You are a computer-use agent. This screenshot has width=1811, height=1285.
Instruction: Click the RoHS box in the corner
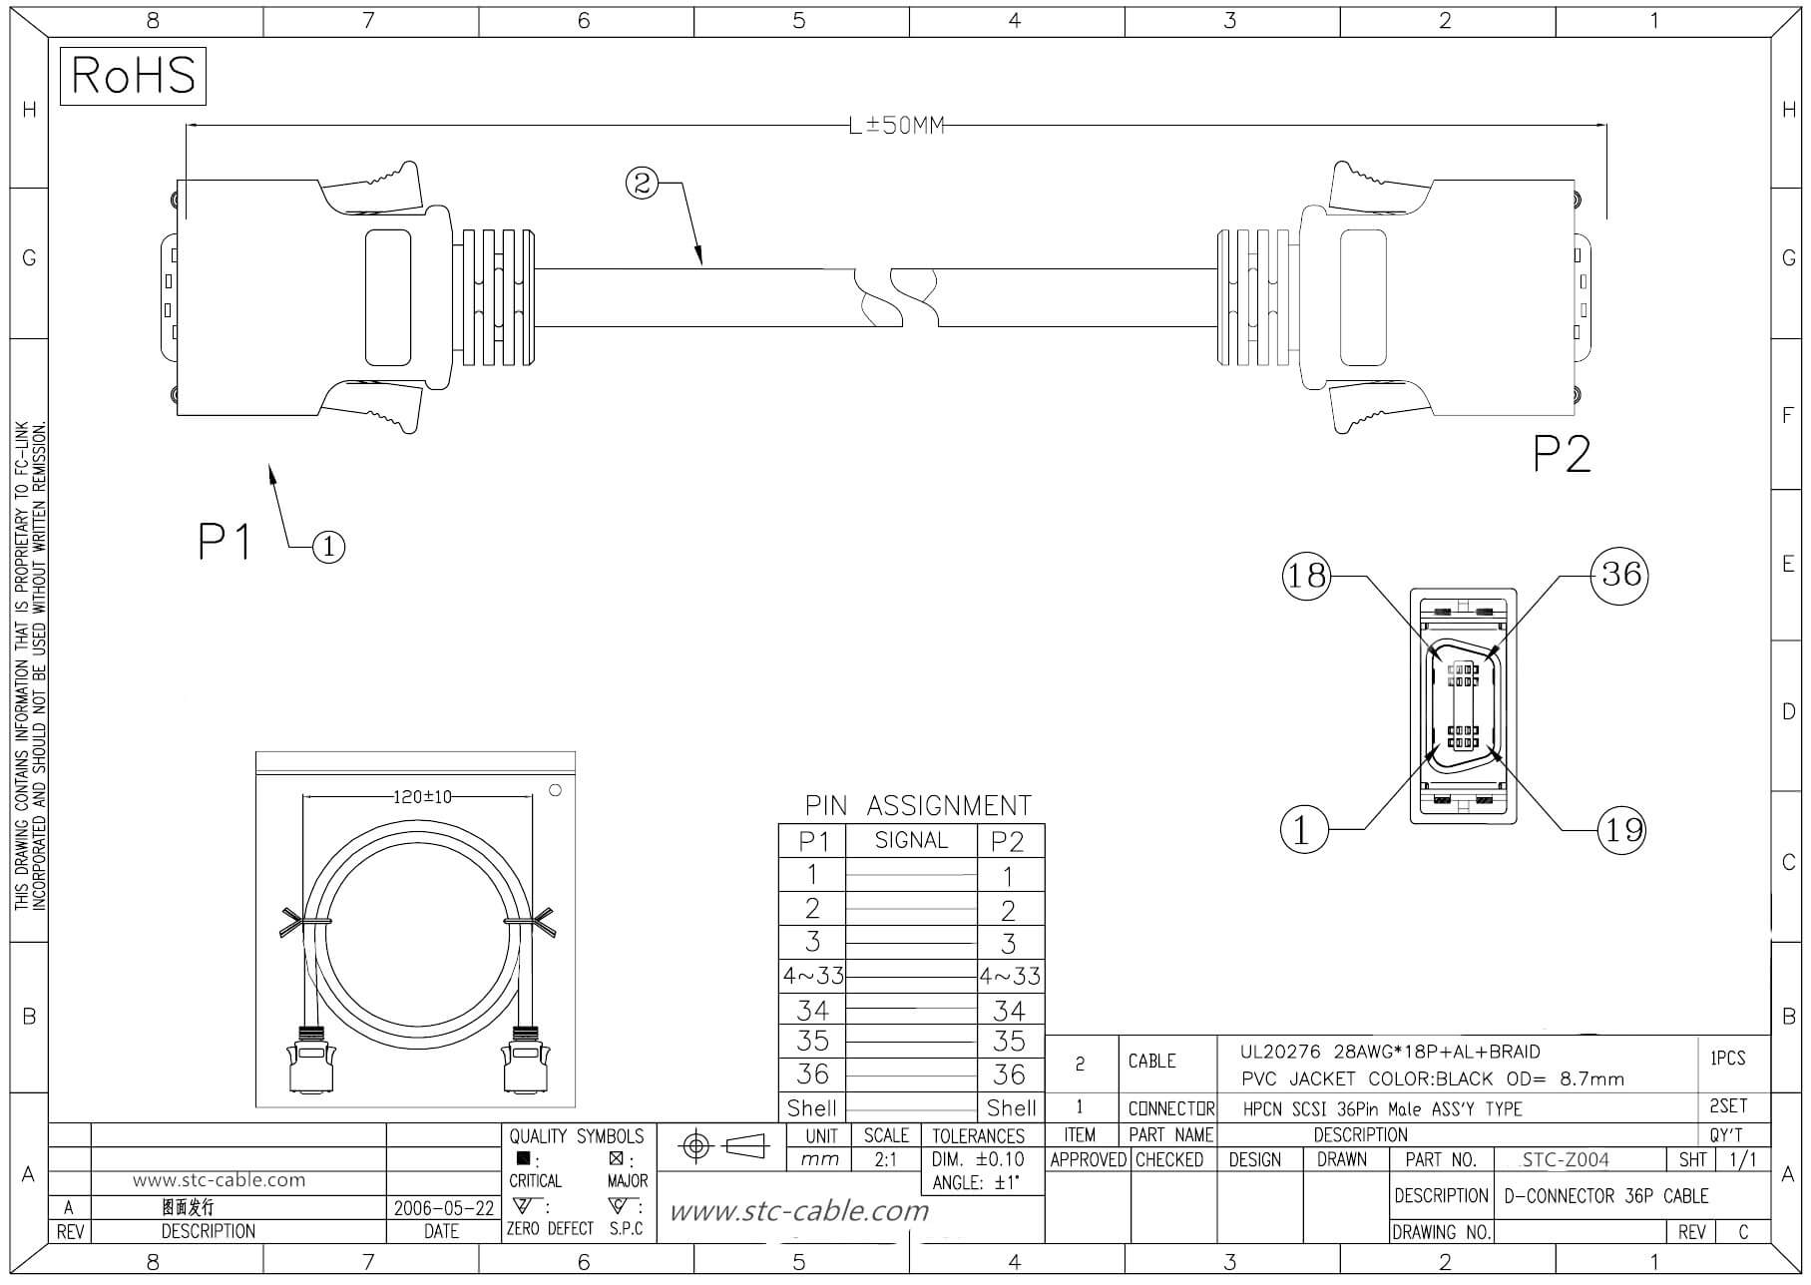133,76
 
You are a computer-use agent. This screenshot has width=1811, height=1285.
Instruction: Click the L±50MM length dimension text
895,126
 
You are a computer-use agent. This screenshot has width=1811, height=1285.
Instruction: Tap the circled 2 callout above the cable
642,183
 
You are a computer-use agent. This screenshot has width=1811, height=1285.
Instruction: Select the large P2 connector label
1562,455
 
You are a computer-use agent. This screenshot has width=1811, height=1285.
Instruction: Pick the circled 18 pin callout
1306,576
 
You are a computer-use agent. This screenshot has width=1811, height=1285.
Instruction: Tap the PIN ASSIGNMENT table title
918,805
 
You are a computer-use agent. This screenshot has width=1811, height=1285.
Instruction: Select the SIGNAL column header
911,841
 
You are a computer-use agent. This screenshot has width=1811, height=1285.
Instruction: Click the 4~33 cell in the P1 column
812,976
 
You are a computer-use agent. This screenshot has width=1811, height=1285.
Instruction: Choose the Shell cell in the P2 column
1011,1107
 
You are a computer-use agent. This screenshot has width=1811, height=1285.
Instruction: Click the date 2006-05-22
443,1208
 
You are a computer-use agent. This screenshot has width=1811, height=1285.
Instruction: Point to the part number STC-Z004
1566,1159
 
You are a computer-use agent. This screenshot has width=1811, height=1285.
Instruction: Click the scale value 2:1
885,1160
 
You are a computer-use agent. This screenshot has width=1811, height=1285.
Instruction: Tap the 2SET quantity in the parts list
1727,1106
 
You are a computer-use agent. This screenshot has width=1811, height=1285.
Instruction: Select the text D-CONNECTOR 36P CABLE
1605,1195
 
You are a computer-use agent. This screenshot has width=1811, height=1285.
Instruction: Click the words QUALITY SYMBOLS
577,1136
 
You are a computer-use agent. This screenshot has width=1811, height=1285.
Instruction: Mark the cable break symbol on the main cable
897,297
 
